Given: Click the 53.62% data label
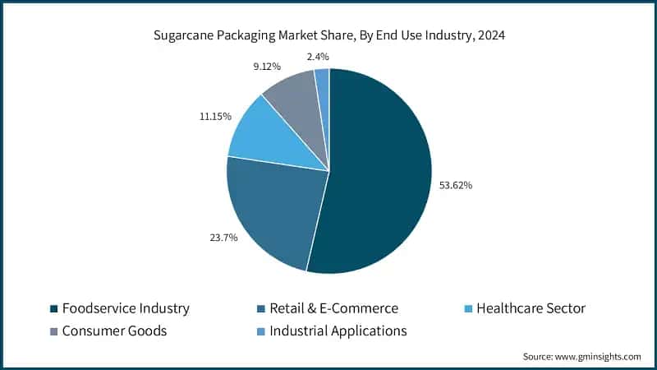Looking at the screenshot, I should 454,185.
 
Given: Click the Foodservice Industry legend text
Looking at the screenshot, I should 126,308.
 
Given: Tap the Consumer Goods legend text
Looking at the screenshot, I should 114,331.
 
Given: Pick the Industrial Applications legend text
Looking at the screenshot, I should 338,331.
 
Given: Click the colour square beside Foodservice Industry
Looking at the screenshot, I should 54,309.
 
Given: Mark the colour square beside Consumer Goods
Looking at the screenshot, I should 54,331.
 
